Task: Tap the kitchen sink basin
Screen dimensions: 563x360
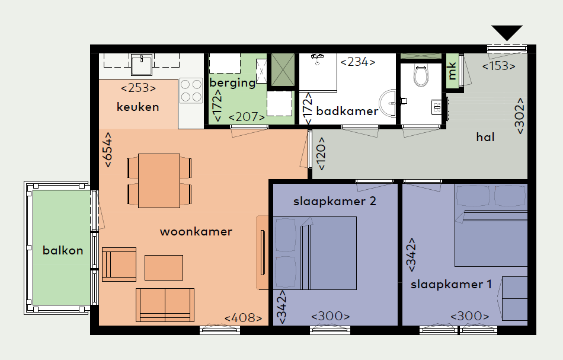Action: pos(142,65)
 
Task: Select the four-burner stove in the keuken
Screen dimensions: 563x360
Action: pos(191,91)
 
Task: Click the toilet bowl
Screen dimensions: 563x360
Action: pos(421,75)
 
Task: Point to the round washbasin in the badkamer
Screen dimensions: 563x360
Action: pos(389,103)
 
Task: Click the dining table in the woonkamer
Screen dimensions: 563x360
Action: pos(159,181)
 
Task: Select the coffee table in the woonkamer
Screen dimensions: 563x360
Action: pos(164,267)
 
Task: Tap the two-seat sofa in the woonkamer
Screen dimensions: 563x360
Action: pos(165,305)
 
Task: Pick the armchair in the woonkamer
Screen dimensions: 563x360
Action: pos(119,264)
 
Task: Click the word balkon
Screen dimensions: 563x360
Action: pos(63,250)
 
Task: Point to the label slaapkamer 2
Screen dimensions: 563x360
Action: pos(335,201)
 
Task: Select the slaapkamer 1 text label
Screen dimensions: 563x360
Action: pos(451,285)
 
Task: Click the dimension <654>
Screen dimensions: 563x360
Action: pos(108,150)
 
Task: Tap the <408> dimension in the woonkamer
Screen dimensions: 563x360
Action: pos(243,318)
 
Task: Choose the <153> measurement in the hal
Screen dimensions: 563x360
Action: pos(499,66)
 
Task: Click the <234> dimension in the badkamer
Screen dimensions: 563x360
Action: pos(358,62)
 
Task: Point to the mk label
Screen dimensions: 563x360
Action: pos(452,71)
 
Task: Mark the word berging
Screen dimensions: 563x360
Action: pos(232,82)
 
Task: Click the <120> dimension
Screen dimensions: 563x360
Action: pos(321,154)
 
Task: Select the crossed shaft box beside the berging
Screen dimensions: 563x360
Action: pos(283,70)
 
